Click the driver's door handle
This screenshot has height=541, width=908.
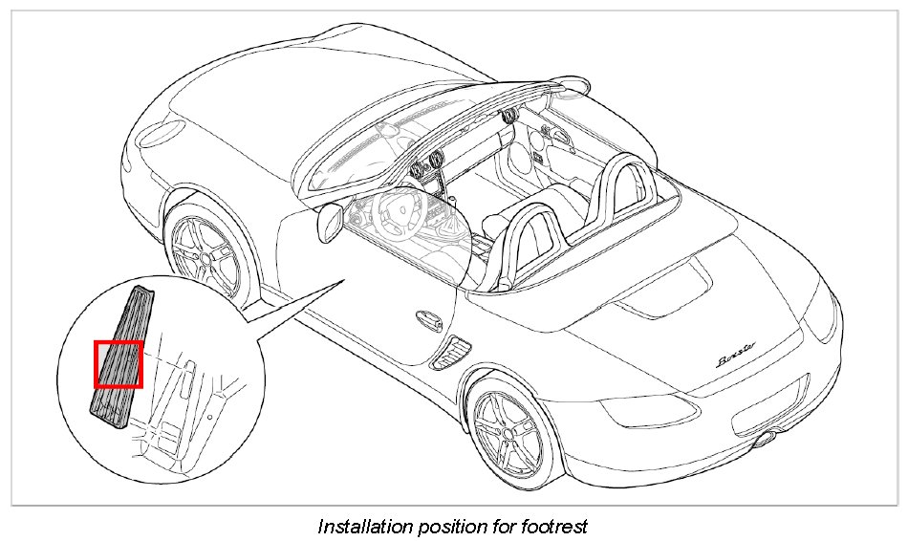point(426,320)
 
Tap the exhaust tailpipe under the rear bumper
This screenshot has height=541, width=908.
point(765,439)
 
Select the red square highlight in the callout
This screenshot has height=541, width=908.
point(118,364)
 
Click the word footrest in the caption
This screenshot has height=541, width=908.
point(555,526)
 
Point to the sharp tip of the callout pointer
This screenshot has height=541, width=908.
point(345,278)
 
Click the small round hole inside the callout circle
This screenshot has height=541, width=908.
point(209,418)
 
